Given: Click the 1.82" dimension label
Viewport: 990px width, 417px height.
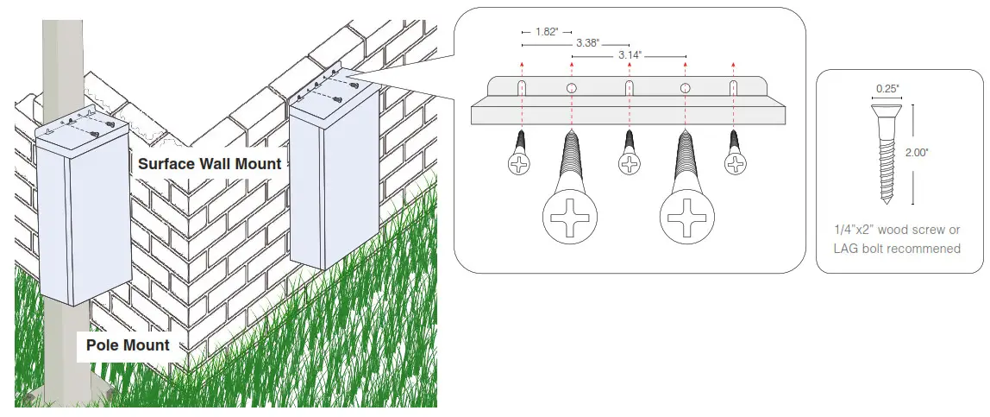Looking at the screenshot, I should pyautogui.click(x=545, y=32).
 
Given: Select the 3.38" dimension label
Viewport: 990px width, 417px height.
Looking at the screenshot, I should pyautogui.click(x=590, y=42).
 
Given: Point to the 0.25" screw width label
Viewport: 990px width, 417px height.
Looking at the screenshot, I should pyautogui.click(x=887, y=88).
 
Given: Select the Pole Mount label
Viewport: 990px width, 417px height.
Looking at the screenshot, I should pyautogui.click(x=128, y=346).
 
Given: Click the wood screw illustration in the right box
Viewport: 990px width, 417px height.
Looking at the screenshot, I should pyautogui.click(x=886, y=151).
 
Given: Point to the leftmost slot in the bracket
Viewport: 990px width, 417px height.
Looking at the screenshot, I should pyautogui.click(x=522, y=89).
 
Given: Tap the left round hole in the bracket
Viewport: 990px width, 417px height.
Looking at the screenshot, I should pyautogui.click(x=572, y=89).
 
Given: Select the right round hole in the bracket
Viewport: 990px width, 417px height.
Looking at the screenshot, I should pyautogui.click(x=685, y=89).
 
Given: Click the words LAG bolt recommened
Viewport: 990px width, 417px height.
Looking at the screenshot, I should pyautogui.click(x=897, y=249).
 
